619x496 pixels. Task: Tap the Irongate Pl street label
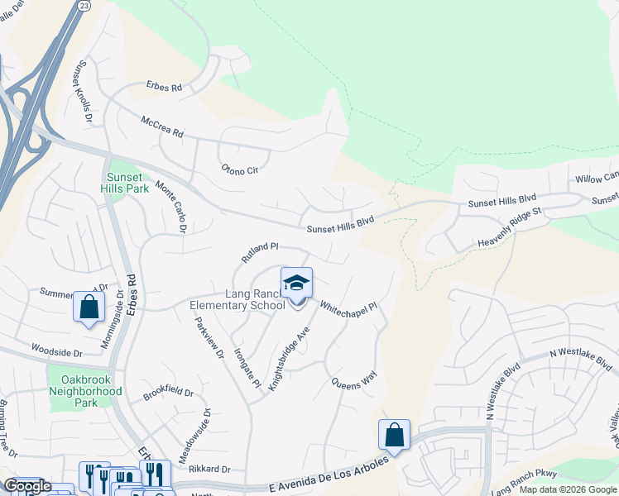pyautogui.click(x=247, y=368)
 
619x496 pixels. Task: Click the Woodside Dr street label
pyautogui.click(x=57, y=351)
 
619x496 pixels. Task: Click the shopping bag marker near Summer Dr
pyautogui.click(x=89, y=307)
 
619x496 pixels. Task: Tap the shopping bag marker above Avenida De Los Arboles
pyautogui.click(x=395, y=435)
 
